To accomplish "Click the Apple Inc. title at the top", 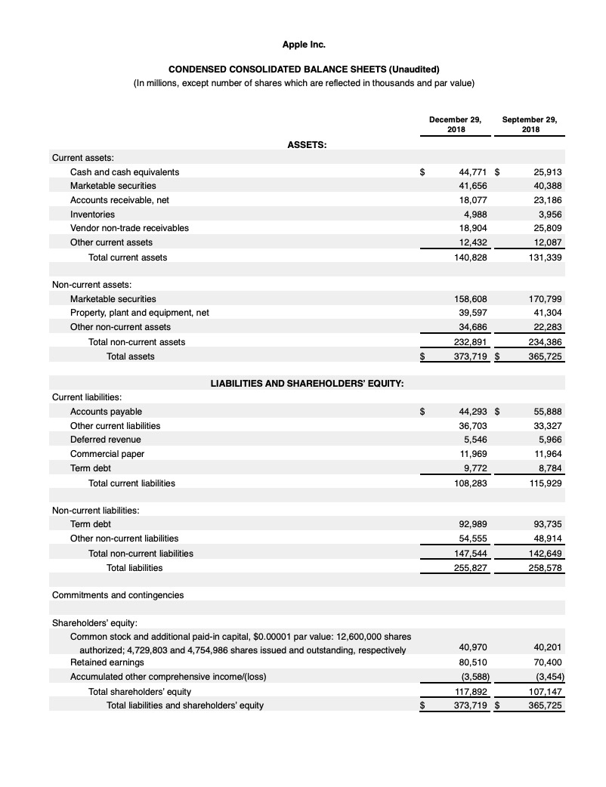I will click(302, 44).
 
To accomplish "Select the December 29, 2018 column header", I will click(456, 124).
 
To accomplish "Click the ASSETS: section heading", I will click(306, 144).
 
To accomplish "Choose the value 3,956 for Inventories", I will click(549, 214).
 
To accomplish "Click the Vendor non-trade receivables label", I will click(129, 227).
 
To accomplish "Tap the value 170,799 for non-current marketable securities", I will click(545, 298).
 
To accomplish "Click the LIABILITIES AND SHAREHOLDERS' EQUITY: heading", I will click(306, 383).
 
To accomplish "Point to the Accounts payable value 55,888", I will click(546, 412).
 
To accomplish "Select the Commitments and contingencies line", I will click(117, 595).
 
